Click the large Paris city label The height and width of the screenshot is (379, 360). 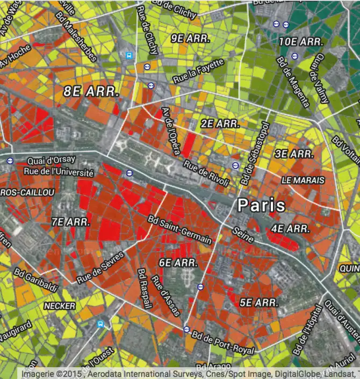[262, 205]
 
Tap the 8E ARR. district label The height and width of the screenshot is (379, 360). [90, 91]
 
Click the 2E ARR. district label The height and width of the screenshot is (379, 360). [220, 123]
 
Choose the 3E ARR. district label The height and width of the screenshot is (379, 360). [294, 154]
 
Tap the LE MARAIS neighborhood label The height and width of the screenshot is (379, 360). [303, 180]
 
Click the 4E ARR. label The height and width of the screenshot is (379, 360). [290, 229]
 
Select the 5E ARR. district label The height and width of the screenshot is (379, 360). [259, 303]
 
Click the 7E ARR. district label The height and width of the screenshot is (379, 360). [71, 221]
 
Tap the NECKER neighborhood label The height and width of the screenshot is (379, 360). [60, 305]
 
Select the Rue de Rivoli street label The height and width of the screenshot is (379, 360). [206, 174]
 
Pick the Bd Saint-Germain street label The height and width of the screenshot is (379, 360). [179, 230]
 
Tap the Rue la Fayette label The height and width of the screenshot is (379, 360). [198, 70]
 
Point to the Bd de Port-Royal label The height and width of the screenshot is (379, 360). [222, 341]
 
